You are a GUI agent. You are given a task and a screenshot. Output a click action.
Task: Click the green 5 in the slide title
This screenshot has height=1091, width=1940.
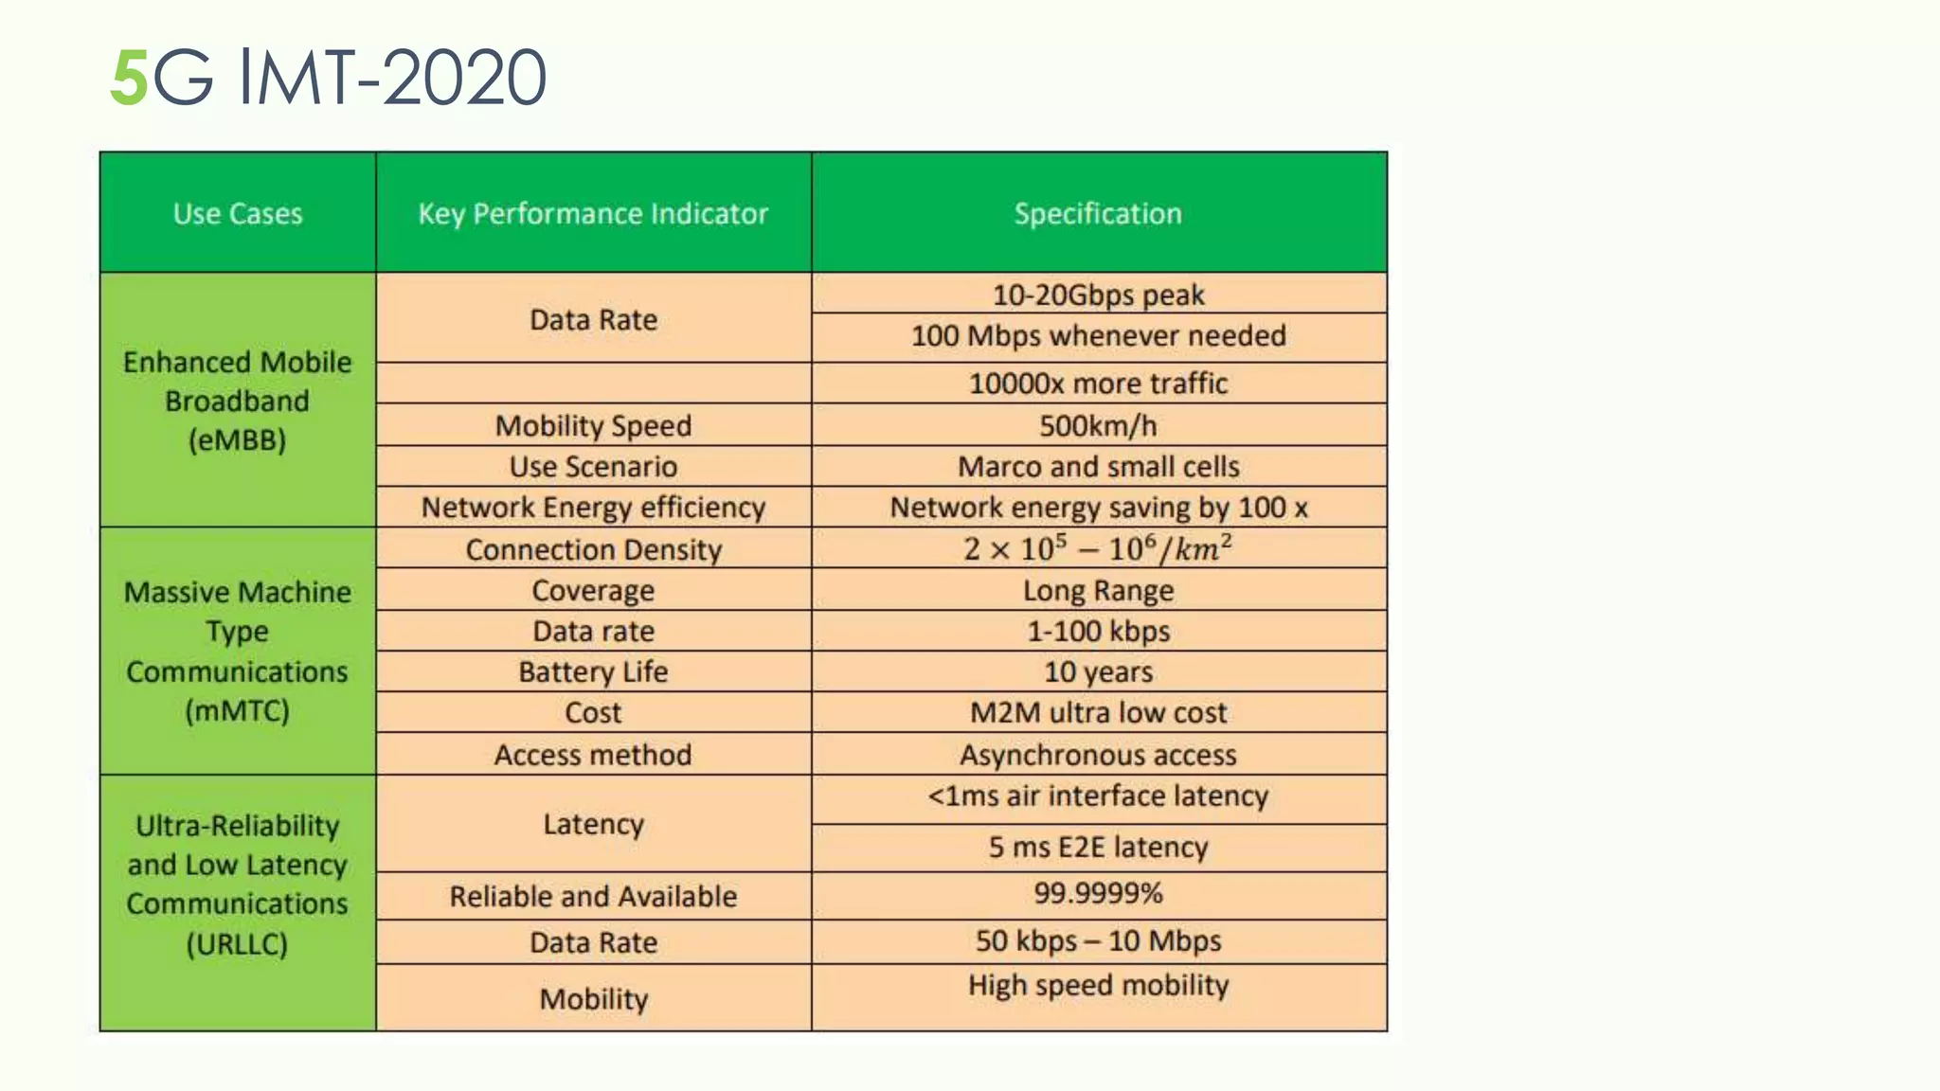point(129,79)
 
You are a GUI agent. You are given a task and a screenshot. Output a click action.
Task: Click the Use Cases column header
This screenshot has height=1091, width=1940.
point(238,214)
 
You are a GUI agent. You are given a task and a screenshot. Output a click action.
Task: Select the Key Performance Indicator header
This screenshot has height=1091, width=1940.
point(593,214)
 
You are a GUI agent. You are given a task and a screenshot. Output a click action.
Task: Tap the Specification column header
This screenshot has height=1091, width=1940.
point(1098,214)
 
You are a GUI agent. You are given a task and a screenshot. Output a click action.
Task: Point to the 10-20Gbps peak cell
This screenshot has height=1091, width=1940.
point(1098,295)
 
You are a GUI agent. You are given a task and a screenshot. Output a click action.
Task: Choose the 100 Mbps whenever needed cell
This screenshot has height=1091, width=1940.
point(1098,336)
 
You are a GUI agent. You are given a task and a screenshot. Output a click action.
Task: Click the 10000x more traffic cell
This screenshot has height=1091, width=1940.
point(1098,384)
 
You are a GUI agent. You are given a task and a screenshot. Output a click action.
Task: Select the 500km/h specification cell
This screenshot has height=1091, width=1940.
point(1098,426)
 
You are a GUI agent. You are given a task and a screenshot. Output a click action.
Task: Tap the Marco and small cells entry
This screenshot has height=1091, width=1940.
point(1098,467)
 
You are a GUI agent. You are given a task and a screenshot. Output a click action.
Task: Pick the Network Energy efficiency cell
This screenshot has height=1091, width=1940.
point(593,508)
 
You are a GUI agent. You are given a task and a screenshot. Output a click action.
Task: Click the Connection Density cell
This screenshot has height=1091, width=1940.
point(593,550)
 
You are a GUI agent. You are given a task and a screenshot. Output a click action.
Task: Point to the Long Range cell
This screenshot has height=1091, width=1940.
point(1098,591)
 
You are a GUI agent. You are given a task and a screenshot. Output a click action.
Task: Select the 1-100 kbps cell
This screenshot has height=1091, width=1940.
point(1098,632)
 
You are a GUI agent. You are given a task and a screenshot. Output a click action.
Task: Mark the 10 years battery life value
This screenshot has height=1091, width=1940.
point(1098,672)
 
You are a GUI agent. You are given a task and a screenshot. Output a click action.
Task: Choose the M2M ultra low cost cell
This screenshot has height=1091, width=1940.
point(1098,713)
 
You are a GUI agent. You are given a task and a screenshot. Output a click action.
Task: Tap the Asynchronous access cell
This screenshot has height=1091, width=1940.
point(1098,755)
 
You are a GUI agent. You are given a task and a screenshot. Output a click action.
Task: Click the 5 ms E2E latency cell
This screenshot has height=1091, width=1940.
point(1098,847)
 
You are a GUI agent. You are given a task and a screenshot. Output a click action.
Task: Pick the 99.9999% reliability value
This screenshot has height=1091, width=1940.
point(1098,893)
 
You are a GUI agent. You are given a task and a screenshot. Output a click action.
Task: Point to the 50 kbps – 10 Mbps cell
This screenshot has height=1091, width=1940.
point(1098,941)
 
